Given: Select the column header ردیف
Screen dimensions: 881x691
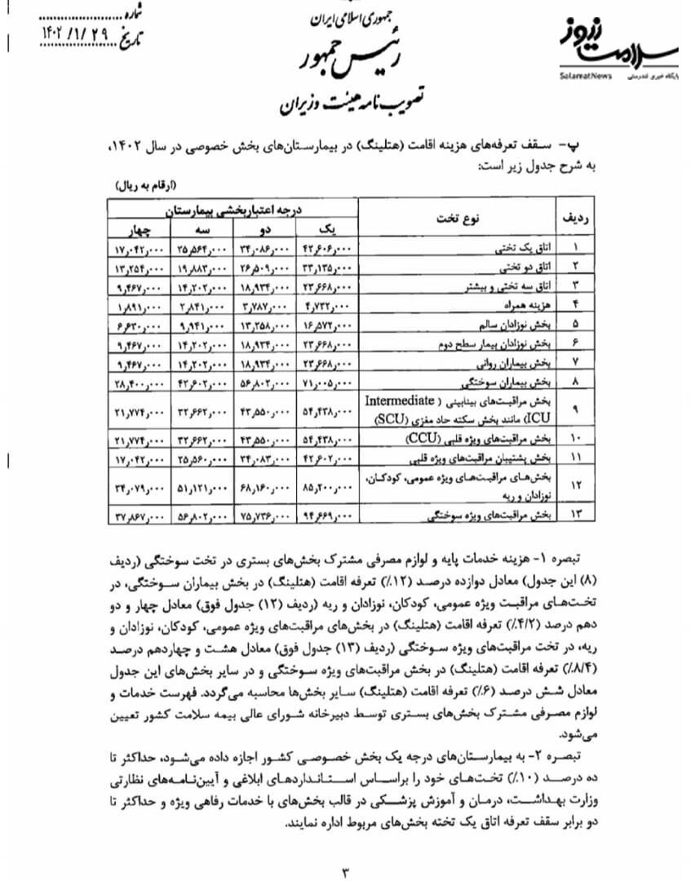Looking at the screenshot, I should tap(577, 218).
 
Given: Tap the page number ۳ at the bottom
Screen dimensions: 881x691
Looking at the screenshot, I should tap(345, 870).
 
